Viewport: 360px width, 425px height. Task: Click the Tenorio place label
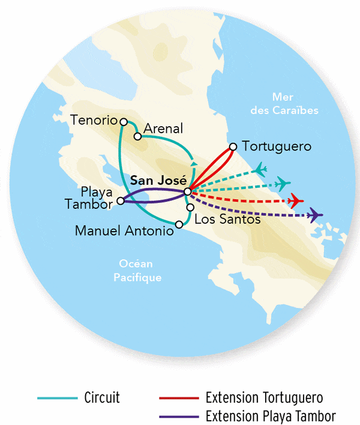click(93, 119)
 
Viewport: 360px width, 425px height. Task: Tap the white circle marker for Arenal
click(137, 136)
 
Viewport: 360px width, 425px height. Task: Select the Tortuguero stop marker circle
click(233, 146)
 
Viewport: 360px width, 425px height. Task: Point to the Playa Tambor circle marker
click(121, 201)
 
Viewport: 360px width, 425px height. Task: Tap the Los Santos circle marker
click(190, 208)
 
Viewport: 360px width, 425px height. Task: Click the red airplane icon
click(295, 200)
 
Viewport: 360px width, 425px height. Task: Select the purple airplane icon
click(314, 215)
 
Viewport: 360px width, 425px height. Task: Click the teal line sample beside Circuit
click(58, 398)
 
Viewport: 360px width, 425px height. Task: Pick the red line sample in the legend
click(178, 398)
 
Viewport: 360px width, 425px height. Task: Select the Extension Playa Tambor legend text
click(270, 415)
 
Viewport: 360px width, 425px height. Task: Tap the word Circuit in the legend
click(102, 398)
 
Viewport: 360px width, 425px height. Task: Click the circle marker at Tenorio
click(124, 121)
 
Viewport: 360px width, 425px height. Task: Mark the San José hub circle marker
click(188, 191)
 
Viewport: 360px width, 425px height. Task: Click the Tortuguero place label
click(277, 146)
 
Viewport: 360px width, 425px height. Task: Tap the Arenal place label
click(163, 128)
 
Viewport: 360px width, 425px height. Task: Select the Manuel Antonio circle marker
click(178, 225)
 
